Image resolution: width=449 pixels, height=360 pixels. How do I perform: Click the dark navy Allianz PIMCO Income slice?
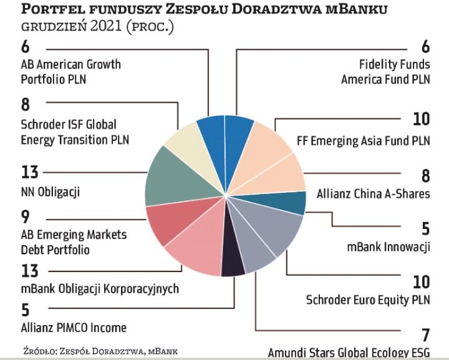[233, 265]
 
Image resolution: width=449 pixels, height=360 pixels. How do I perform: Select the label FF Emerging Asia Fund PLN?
[362, 141]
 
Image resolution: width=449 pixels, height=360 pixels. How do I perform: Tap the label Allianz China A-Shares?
[373, 193]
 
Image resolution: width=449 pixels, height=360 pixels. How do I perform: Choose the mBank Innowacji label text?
[389, 246]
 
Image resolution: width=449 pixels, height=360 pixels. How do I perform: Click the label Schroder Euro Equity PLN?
[368, 300]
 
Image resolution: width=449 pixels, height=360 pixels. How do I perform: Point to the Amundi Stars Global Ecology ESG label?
[349, 353]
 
